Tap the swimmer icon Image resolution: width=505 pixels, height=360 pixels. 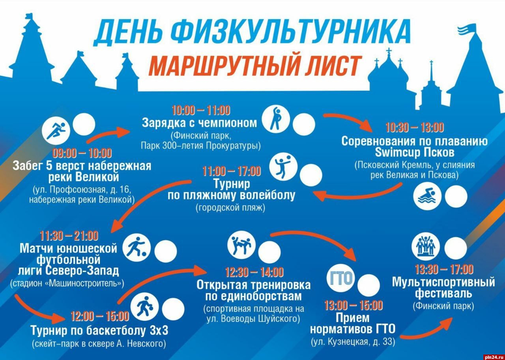pyautogui.click(x=427, y=196)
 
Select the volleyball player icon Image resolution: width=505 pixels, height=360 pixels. pyautogui.click(x=283, y=167)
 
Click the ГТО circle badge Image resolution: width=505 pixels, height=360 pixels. pyautogui.click(x=340, y=278)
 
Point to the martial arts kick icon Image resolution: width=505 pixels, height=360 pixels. pyautogui.click(x=241, y=245)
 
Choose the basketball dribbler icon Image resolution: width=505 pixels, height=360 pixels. pyautogui.click(x=144, y=307)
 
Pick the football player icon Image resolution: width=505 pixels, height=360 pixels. pyautogui.click(x=137, y=247)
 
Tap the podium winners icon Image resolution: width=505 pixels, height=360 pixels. pyautogui.click(x=426, y=246)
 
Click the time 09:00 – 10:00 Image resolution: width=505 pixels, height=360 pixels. pyautogui.click(x=82, y=154)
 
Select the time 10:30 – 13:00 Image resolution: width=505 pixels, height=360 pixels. pyautogui.click(x=415, y=127)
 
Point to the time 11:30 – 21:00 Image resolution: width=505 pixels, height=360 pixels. pyautogui.click(x=69, y=236)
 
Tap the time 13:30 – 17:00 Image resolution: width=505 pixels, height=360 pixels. pyautogui.click(x=444, y=270)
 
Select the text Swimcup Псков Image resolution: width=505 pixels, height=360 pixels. pyautogui.click(x=415, y=152)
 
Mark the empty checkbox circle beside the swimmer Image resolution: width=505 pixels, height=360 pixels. pyautogui.click(x=456, y=197)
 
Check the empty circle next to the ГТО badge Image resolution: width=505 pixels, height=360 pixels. pyautogui.click(x=368, y=285)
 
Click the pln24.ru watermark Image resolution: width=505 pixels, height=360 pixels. pyautogui.click(x=494, y=357)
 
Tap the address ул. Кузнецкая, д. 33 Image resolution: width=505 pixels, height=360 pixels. pyautogui.click(x=353, y=342)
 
